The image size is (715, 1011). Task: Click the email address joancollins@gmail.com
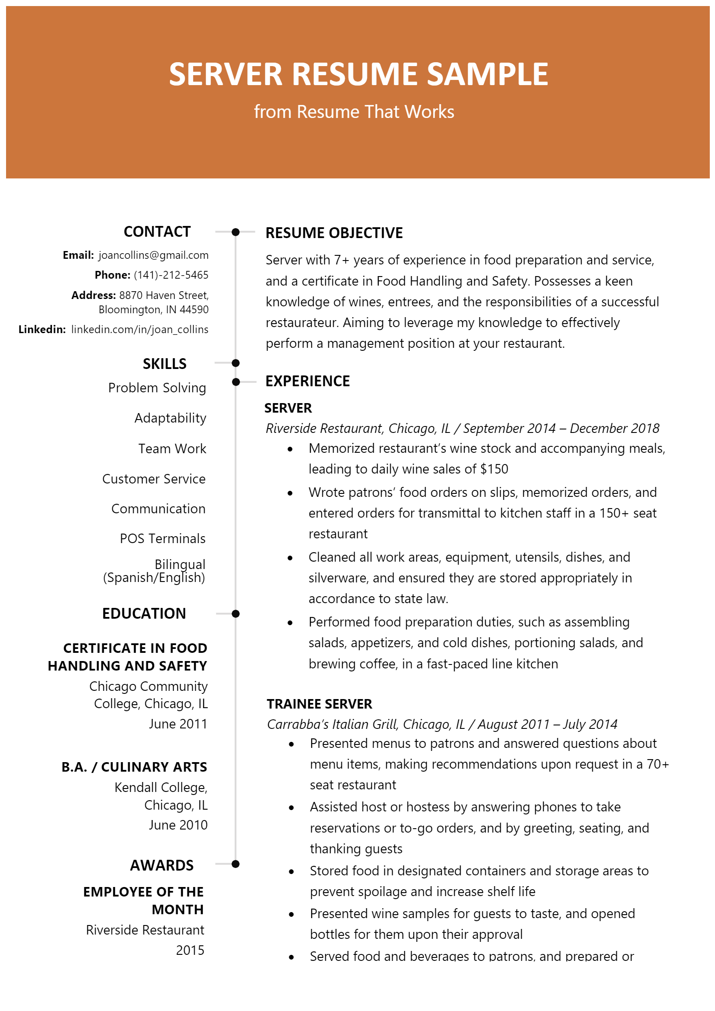(153, 255)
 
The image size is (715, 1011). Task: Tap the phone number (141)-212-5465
(171, 275)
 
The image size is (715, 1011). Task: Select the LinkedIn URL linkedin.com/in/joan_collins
(140, 329)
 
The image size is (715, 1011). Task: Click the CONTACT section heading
(157, 232)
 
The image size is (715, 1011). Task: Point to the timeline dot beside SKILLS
(236, 363)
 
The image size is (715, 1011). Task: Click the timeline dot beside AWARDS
(236, 864)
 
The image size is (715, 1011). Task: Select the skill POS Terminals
(163, 538)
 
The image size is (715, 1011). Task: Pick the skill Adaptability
(170, 418)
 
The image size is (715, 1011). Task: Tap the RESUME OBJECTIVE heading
(334, 233)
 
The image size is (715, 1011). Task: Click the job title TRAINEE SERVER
(319, 704)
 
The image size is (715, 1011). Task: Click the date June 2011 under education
(178, 724)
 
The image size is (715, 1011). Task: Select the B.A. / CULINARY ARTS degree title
(134, 767)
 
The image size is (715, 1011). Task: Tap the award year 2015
(190, 950)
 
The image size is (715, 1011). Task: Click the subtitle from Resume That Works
(354, 112)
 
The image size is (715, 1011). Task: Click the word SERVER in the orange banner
(225, 74)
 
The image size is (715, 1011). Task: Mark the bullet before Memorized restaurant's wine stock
(290, 449)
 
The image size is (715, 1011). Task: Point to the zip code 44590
(194, 309)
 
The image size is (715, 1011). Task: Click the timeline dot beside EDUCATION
(236, 614)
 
